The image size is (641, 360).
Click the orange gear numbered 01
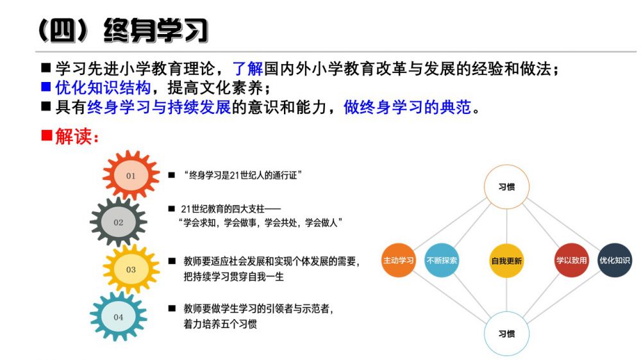click(x=131, y=176)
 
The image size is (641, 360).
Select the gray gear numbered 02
click(x=118, y=222)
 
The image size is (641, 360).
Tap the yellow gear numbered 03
click(x=131, y=269)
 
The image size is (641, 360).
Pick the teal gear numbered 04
click(x=118, y=316)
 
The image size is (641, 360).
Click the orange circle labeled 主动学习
click(x=398, y=260)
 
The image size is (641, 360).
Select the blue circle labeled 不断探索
click(x=442, y=260)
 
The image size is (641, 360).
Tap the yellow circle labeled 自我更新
click(x=506, y=261)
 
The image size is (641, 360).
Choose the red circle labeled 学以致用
click(x=571, y=260)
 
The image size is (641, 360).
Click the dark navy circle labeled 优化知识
click(x=615, y=260)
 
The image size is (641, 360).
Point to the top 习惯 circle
click(x=506, y=187)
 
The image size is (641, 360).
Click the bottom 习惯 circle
click(x=506, y=334)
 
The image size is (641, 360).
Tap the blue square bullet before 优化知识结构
click(x=46, y=86)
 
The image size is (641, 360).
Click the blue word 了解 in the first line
click(x=247, y=69)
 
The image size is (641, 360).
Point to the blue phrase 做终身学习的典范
click(x=407, y=107)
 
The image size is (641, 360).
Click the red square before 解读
click(x=47, y=135)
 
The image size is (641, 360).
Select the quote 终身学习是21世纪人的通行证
click(x=243, y=176)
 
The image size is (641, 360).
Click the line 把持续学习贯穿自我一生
click(x=233, y=277)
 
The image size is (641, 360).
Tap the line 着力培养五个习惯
click(x=221, y=324)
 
